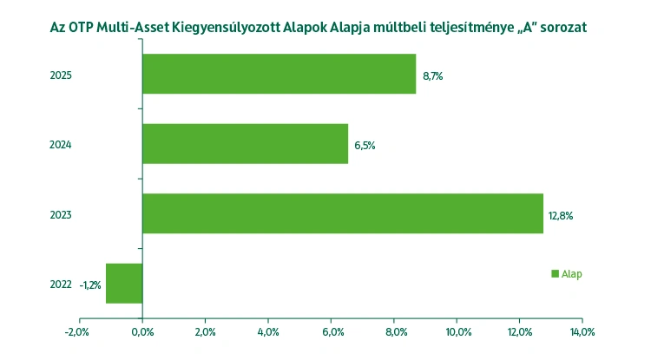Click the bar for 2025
click(x=279, y=75)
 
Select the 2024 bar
click(x=245, y=144)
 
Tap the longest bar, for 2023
click(x=342, y=213)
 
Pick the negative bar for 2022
click(x=124, y=284)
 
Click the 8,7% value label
click(x=433, y=76)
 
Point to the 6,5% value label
click(x=365, y=145)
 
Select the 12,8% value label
click(x=561, y=214)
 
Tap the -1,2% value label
click(x=89, y=285)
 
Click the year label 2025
click(x=61, y=75)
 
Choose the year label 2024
click(x=61, y=145)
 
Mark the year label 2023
click(x=61, y=214)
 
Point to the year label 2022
click(x=61, y=285)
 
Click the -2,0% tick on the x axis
click(x=78, y=332)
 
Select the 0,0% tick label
click(x=142, y=332)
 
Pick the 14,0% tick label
click(x=582, y=332)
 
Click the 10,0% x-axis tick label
click(x=457, y=332)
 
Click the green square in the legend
click(x=555, y=274)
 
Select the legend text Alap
click(x=571, y=274)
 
